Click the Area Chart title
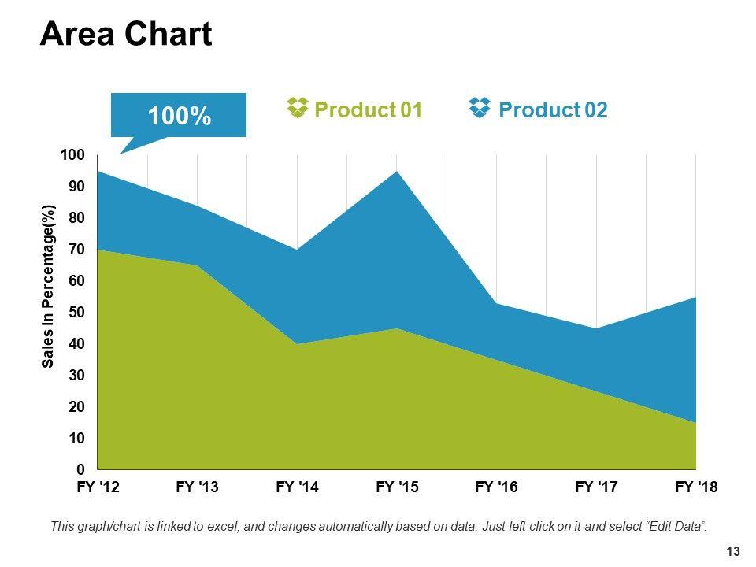click(x=126, y=35)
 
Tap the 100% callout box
click(x=179, y=116)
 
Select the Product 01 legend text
click(x=369, y=110)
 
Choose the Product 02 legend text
click(x=553, y=110)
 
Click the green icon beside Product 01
click(x=297, y=109)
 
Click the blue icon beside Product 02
click(x=480, y=109)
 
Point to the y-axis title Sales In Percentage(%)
click(x=49, y=287)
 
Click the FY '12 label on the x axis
click(x=98, y=488)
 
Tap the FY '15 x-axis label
click(x=398, y=488)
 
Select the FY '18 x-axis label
click(x=697, y=488)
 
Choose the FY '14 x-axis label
click(x=298, y=488)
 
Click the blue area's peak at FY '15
click(x=398, y=172)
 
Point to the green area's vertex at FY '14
click(x=298, y=344)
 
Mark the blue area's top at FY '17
click(x=597, y=328)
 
